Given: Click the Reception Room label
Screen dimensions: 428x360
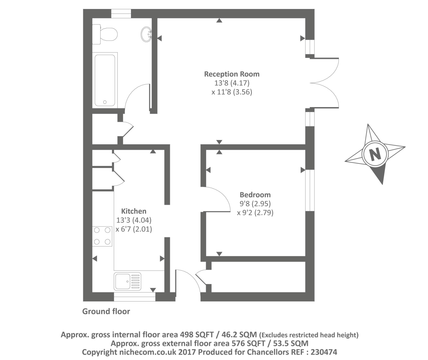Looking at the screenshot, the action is click(232, 74).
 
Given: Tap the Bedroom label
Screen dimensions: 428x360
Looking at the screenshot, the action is click(255, 195).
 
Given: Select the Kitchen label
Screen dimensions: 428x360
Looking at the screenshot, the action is click(134, 211).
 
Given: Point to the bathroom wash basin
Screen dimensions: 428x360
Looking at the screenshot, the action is click(147, 34).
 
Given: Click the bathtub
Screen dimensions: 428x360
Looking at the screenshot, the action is click(105, 80).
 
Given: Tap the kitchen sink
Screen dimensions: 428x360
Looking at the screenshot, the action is click(127, 281).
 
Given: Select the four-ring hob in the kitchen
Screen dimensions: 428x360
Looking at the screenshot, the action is click(102, 236).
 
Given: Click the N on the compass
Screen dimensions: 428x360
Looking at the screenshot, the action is click(375, 154).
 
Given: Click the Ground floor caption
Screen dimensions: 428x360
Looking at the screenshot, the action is click(106, 311).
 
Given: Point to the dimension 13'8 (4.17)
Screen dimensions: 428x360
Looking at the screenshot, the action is click(232, 83).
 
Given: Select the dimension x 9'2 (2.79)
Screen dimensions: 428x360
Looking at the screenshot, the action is click(255, 213).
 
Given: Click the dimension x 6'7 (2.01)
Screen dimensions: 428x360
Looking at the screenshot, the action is click(134, 229).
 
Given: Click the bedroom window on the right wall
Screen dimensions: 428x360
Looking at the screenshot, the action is click(310, 190).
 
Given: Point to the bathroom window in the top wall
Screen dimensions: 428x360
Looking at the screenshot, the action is click(121, 14).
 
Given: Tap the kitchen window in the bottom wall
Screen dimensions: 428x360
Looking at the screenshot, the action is click(135, 297).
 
